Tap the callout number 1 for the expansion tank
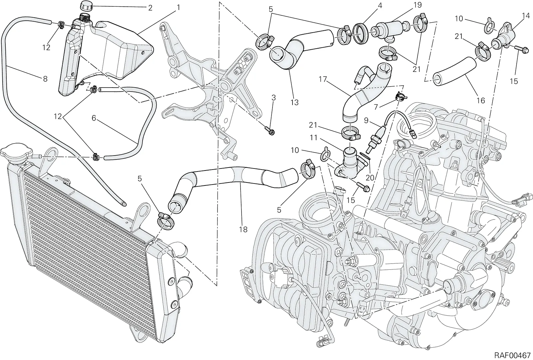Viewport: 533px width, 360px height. click(x=178, y=8)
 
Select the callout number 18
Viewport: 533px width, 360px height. click(x=244, y=229)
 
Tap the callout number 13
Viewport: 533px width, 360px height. click(x=294, y=102)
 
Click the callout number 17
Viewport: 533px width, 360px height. click(x=323, y=79)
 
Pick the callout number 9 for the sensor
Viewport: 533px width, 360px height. click(x=366, y=121)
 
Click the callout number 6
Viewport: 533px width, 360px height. click(x=94, y=118)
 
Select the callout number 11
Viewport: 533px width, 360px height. click(x=313, y=138)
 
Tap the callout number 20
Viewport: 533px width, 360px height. click(x=370, y=178)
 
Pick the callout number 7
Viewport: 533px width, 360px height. click(x=376, y=107)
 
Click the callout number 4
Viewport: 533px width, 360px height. click(x=380, y=5)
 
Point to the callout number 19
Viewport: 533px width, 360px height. click(x=411, y=5)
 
